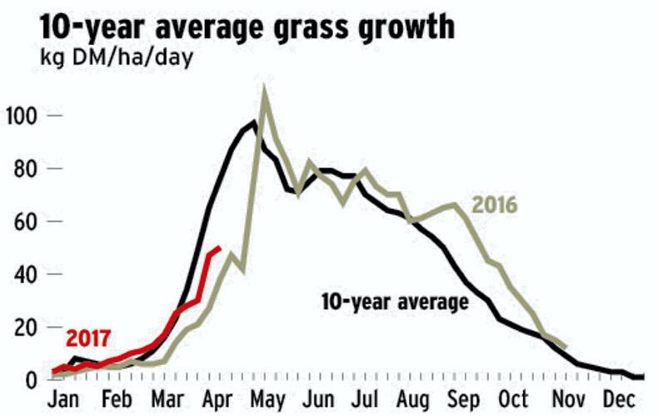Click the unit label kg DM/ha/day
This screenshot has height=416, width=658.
pyautogui.click(x=117, y=59)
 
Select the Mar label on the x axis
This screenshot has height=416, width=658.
pyautogui.click(x=168, y=398)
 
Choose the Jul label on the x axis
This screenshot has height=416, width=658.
pyautogui.click(x=367, y=398)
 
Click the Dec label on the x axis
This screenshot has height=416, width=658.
pyautogui.click(x=618, y=398)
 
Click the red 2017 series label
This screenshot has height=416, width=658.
pyautogui.click(x=87, y=338)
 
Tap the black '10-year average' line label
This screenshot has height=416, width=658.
pyautogui.click(x=395, y=301)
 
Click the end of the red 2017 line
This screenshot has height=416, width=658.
pyautogui.click(x=219, y=248)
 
